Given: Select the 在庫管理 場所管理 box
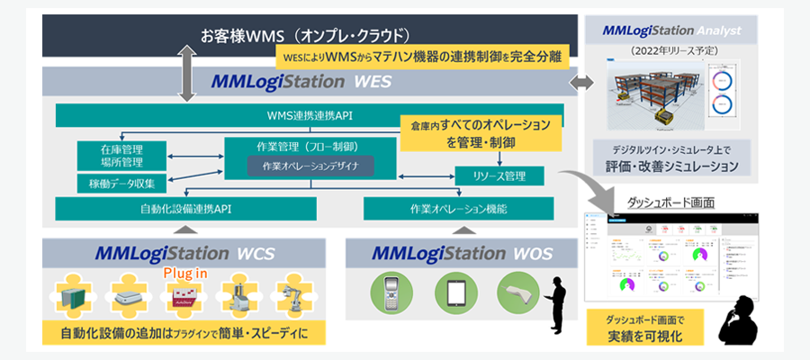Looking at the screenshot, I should [x=121, y=155].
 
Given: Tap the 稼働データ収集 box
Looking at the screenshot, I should [x=121, y=184].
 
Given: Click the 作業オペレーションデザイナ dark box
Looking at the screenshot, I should [x=310, y=166].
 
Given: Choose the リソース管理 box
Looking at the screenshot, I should [x=499, y=176].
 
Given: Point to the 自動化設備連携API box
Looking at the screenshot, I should [x=185, y=209].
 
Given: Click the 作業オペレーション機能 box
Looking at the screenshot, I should [x=463, y=209].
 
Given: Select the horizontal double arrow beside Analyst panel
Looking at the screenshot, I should [x=582, y=83].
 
